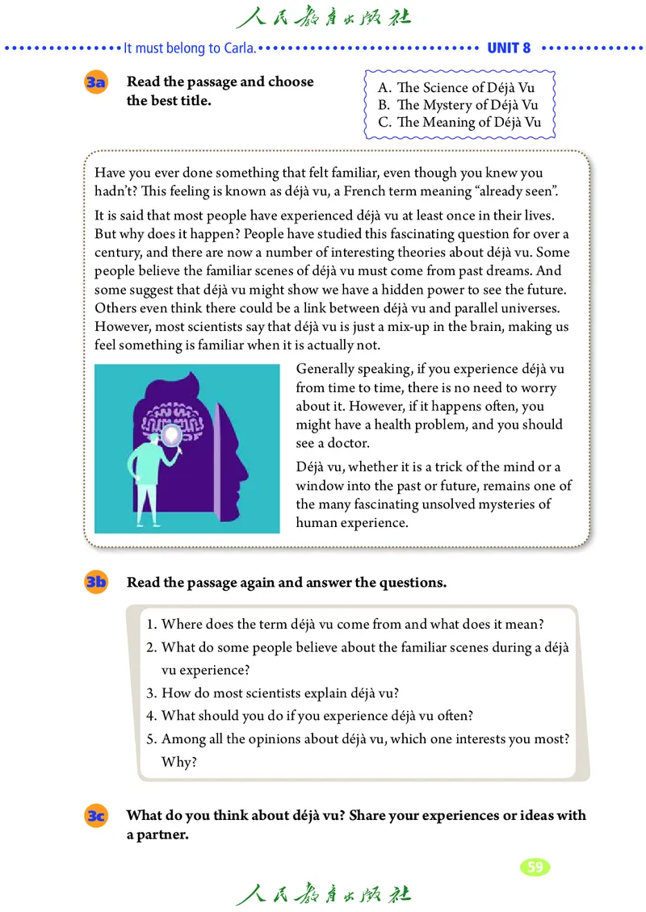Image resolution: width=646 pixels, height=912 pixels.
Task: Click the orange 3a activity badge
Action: pos(96,83)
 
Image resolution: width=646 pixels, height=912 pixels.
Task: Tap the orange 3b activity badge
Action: pos(96,583)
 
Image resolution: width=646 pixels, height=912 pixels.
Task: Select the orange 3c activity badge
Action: pos(96,816)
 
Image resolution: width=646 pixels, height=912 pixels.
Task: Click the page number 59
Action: pos(535,867)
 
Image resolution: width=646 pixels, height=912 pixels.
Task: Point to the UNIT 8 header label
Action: pos(509,48)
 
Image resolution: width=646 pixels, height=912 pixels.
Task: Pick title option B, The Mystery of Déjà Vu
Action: pos(457,105)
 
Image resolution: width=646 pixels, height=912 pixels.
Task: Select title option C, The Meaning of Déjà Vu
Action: pos(459,123)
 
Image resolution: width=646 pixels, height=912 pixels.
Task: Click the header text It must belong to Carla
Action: pos(191,48)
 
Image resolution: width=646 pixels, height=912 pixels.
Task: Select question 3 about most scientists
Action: pos(273,692)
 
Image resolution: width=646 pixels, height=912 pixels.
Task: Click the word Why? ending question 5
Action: pos(179,762)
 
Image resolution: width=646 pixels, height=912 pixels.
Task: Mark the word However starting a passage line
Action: pos(120,326)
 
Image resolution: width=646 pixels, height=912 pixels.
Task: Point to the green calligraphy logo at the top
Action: pos(323,17)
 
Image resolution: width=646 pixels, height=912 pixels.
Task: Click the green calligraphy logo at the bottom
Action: pos(323,894)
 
